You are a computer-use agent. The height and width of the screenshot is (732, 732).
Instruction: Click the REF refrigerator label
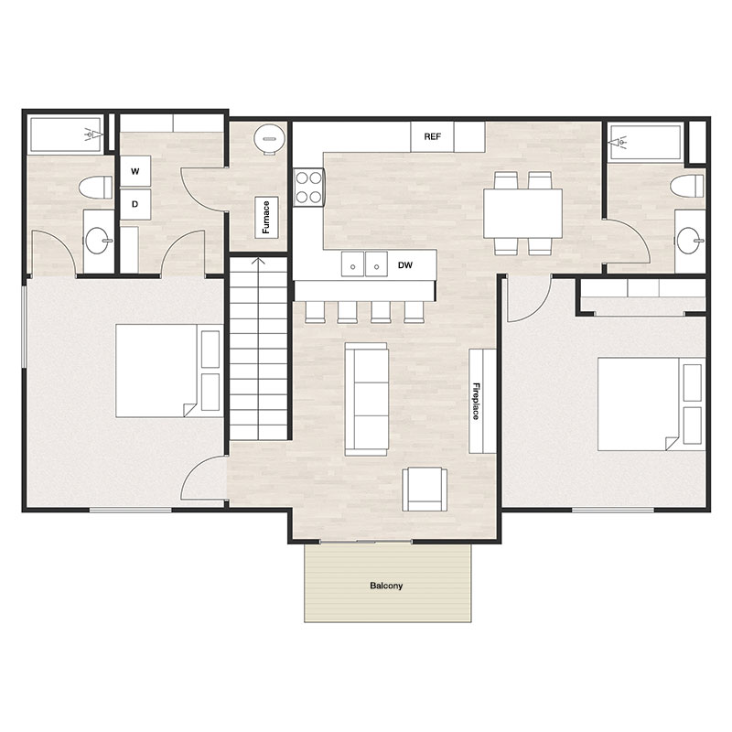coord(433,137)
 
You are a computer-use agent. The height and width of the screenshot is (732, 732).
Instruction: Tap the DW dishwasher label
coord(405,265)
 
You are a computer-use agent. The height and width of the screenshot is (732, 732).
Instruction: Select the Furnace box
coord(266,217)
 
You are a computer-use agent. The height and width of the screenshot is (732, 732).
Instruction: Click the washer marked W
coord(135,171)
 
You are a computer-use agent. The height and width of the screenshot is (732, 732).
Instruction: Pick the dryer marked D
coord(135,203)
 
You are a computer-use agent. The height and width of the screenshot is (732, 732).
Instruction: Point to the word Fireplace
coord(477,401)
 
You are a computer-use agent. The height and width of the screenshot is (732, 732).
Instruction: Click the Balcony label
coord(387,586)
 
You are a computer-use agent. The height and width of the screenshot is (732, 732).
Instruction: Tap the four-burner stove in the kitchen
coord(308,187)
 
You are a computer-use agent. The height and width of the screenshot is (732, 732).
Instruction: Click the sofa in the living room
coord(366,398)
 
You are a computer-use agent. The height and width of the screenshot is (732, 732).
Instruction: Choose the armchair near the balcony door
coord(426,489)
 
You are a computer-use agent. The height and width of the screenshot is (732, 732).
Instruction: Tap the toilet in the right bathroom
coord(687,187)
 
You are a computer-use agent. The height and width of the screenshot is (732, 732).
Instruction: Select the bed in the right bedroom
coord(640,404)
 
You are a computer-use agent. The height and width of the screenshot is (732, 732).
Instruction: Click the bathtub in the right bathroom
coord(646,142)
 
